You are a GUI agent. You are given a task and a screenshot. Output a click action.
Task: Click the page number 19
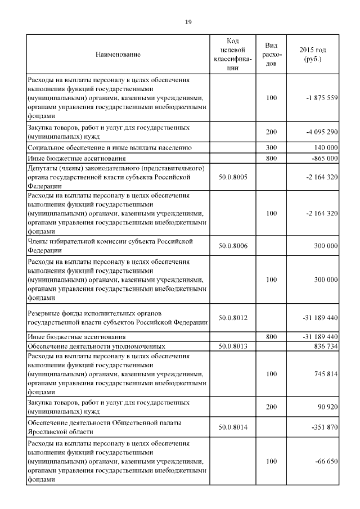[x=188, y=21]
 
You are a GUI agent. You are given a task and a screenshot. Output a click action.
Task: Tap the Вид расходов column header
[x=271, y=55]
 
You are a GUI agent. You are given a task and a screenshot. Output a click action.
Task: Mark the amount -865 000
[x=323, y=158]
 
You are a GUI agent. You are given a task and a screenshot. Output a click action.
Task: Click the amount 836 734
[x=325, y=345]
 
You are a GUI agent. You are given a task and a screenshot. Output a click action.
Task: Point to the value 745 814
[x=325, y=372]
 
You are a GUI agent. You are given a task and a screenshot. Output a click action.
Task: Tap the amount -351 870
[x=323, y=427]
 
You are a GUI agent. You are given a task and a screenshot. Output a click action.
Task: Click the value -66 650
[x=325, y=461]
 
